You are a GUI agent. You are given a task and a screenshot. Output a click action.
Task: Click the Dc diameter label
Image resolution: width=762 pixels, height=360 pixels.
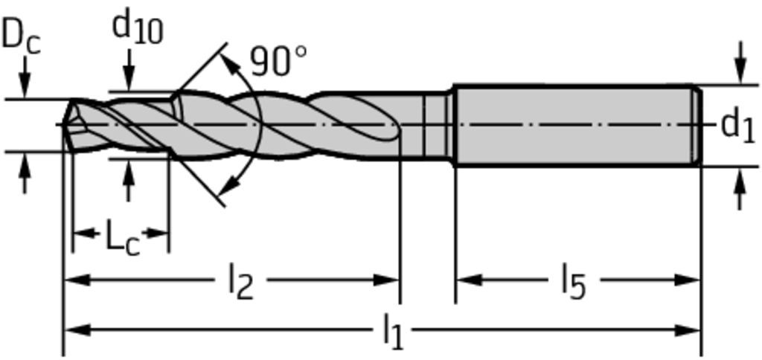coord(20,36)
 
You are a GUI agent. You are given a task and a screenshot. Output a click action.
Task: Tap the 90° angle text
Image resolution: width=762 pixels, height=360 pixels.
coord(278,61)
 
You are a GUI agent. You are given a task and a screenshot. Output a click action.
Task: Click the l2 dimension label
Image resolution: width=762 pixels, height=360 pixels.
coord(240,283)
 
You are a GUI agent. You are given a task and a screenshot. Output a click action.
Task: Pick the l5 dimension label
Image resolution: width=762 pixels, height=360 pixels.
coord(572,283)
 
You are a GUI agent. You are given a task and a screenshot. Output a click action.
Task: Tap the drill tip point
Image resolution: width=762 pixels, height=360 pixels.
coord(65,123)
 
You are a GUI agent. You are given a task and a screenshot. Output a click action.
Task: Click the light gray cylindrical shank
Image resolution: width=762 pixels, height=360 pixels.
coord(573,125)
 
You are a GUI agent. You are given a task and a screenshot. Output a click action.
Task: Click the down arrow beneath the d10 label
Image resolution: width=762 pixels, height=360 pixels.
coord(128,77)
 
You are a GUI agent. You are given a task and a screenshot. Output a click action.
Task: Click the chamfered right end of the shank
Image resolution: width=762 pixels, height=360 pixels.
coord(697,125)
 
